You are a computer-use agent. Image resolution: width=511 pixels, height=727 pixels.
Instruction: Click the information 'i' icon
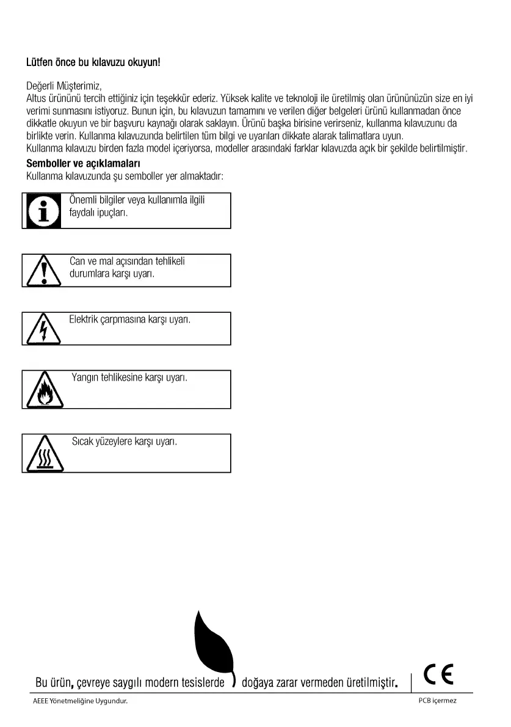(43, 211)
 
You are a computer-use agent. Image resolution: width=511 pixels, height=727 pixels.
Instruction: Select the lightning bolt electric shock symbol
(43, 330)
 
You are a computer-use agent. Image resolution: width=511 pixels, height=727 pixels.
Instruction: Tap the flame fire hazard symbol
(43, 391)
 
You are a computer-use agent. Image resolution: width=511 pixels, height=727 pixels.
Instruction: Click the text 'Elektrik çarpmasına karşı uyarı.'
(130, 318)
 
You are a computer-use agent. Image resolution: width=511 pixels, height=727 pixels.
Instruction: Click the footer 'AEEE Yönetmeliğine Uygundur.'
(80, 701)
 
